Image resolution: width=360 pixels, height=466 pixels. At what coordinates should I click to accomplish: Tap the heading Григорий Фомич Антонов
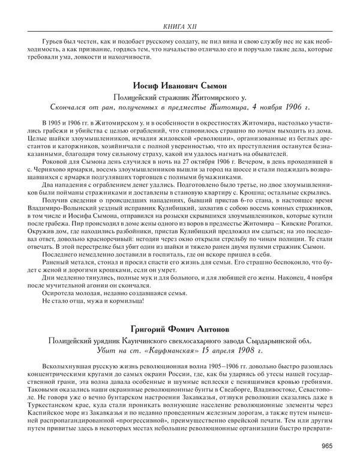(179, 329)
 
